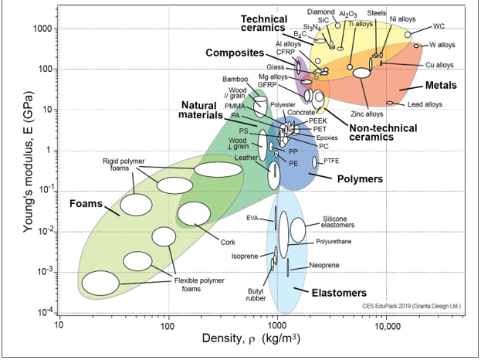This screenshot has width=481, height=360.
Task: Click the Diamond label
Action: click(x=321, y=12)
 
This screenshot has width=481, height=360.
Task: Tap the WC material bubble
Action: click(x=408, y=35)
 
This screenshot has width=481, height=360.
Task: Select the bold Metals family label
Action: click(x=441, y=85)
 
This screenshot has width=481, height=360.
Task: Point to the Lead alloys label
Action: click(x=425, y=104)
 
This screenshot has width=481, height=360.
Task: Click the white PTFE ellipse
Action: click(x=314, y=162)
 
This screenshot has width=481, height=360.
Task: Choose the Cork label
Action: click(x=228, y=242)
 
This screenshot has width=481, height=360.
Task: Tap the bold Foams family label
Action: click(x=86, y=203)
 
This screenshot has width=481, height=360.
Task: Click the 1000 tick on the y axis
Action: click(x=45, y=29)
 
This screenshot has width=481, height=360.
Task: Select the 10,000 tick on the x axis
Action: click(x=386, y=325)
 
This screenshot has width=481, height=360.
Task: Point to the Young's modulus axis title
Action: click(x=29, y=161)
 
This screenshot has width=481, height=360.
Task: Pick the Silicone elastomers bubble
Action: click(x=298, y=229)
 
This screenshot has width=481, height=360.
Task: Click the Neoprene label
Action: click(x=324, y=265)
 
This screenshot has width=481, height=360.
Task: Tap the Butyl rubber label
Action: click(x=256, y=294)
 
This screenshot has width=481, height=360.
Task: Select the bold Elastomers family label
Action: click(x=339, y=293)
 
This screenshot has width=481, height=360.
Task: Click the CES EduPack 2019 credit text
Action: click(x=412, y=306)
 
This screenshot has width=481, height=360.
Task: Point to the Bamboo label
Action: click(x=235, y=80)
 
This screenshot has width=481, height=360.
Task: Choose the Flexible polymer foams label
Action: click(x=199, y=284)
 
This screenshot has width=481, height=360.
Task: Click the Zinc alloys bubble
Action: click(x=361, y=73)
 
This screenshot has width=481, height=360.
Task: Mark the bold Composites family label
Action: click(x=235, y=53)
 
